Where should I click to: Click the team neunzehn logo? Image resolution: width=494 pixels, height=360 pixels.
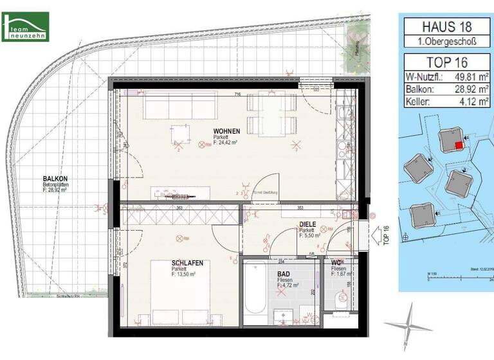pos(26,28)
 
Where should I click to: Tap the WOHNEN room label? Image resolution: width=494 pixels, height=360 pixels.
pos(227,131)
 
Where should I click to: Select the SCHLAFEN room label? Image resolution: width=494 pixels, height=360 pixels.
pos(188,263)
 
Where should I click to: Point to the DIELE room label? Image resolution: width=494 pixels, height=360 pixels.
pos(307,224)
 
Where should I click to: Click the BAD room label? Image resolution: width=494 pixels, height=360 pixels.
pos(284,274)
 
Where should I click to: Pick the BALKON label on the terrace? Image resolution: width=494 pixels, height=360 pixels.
pos(55,179)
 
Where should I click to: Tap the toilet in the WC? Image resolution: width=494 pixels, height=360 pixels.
pos(341,297)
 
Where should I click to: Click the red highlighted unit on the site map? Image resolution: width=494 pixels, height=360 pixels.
pos(459,146)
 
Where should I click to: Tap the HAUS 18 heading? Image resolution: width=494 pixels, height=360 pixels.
pos(446,27)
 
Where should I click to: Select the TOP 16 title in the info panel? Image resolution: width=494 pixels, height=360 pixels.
pos(446,63)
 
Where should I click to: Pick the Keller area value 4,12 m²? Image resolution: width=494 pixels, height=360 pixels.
pos(473,102)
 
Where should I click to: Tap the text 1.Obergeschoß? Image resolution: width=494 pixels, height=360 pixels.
pos(446,42)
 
